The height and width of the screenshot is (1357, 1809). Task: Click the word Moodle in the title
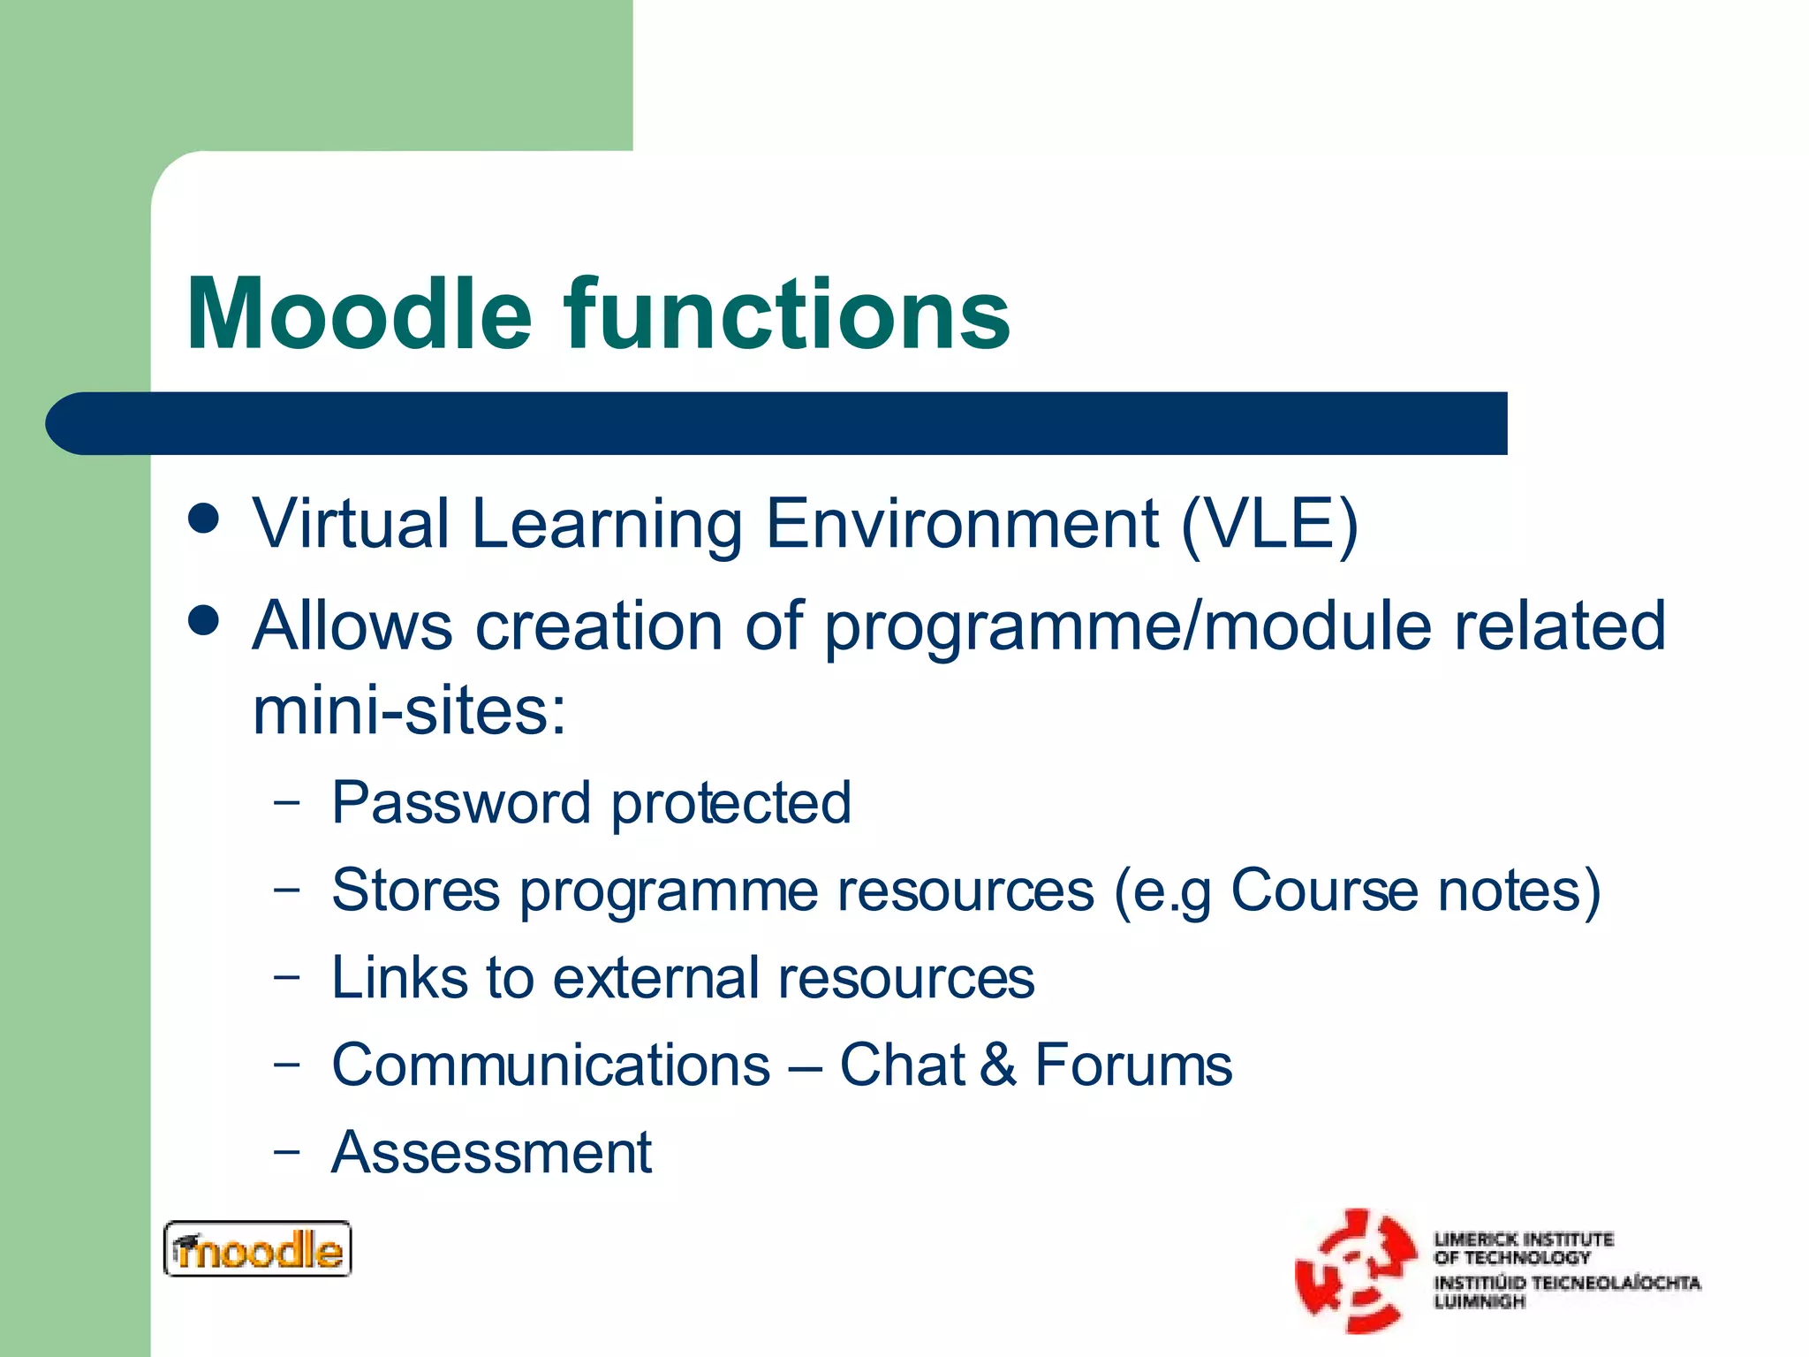coord(360,315)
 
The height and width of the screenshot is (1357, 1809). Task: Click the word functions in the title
coord(787,315)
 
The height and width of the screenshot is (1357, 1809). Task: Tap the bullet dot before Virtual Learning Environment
coord(204,519)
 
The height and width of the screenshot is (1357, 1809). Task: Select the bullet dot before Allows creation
coord(204,620)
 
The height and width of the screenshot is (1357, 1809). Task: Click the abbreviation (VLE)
coord(1269,524)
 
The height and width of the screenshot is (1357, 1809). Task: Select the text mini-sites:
coord(409,711)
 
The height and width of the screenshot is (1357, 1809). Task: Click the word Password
coord(460,803)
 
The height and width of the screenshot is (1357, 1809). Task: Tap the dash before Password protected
coord(286,803)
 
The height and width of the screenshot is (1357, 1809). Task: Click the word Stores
coord(415,891)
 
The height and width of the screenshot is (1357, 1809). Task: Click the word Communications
coord(550,1065)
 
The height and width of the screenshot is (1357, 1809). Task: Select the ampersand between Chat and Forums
coord(997,1065)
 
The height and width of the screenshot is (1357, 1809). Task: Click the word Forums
coord(1133,1065)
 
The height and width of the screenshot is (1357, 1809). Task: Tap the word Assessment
coord(491,1153)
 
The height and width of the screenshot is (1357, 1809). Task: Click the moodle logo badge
coord(257,1249)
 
